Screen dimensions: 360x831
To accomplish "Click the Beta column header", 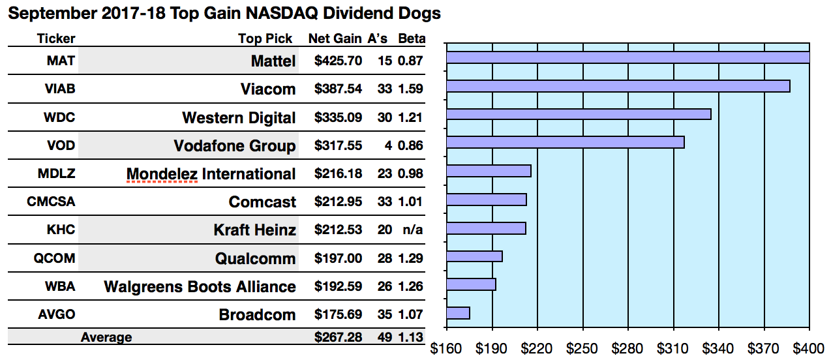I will (411, 38).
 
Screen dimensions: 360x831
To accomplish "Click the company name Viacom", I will (267, 89).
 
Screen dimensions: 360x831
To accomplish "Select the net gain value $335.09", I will (338, 117).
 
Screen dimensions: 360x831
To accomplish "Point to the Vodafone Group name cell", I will (234, 145).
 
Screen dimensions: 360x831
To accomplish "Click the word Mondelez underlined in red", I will (162, 174).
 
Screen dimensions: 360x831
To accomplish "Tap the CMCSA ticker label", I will (51, 202).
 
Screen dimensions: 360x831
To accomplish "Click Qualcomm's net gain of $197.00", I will (338, 258).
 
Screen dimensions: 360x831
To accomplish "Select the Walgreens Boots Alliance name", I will (200, 286).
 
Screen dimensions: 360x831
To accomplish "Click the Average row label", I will (106, 337).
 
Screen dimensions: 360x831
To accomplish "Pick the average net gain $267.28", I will (338, 337).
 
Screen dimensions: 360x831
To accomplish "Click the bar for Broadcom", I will (458, 313).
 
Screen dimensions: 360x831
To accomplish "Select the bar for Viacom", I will (618, 86).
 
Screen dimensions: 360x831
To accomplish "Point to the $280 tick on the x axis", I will (628, 348).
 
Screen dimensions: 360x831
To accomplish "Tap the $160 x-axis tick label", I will (447, 348).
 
